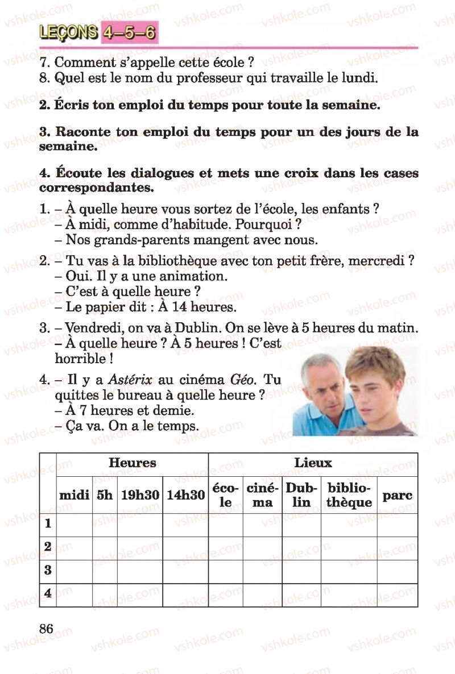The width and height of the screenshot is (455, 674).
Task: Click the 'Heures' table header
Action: pos(132,463)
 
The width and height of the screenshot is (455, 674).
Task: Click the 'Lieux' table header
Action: pos(313,463)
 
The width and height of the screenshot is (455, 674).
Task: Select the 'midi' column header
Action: pos(75,495)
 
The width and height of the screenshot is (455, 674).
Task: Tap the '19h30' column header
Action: pos(140,495)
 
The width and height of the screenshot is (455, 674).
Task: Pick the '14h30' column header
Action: pos(185,495)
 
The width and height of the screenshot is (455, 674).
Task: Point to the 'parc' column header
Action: pos(397,495)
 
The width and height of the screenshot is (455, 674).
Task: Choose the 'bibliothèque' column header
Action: pos(349,495)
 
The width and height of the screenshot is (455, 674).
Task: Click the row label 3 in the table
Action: pos(48,570)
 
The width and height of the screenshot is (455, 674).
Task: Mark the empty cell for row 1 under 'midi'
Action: pos(75,524)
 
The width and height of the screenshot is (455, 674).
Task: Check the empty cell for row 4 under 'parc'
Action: pos(397,594)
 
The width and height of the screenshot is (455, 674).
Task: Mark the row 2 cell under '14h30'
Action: pos(185,547)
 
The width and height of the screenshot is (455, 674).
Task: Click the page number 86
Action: pos(47,629)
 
